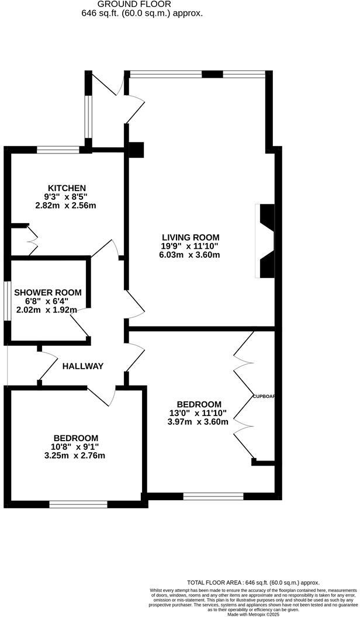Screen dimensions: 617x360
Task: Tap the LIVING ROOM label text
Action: (x=191, y=237)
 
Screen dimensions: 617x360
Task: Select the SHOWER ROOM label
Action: (x=48, y=292)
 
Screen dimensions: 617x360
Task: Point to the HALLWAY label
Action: (x=83, y=366)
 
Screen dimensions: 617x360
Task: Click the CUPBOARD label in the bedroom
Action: (x=264, y=396)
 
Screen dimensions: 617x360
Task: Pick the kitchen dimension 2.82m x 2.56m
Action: (x=65, y=205)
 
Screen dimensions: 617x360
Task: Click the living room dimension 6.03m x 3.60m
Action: (x=189, y=255)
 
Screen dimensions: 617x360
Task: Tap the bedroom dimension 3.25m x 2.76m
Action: (x=76, y=456)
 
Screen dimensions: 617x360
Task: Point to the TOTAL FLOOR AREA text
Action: (x=252, y=583)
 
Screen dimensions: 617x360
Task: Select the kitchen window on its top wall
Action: (x=58, y=150)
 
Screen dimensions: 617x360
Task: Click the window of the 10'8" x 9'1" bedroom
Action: (x=78, y=503)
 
